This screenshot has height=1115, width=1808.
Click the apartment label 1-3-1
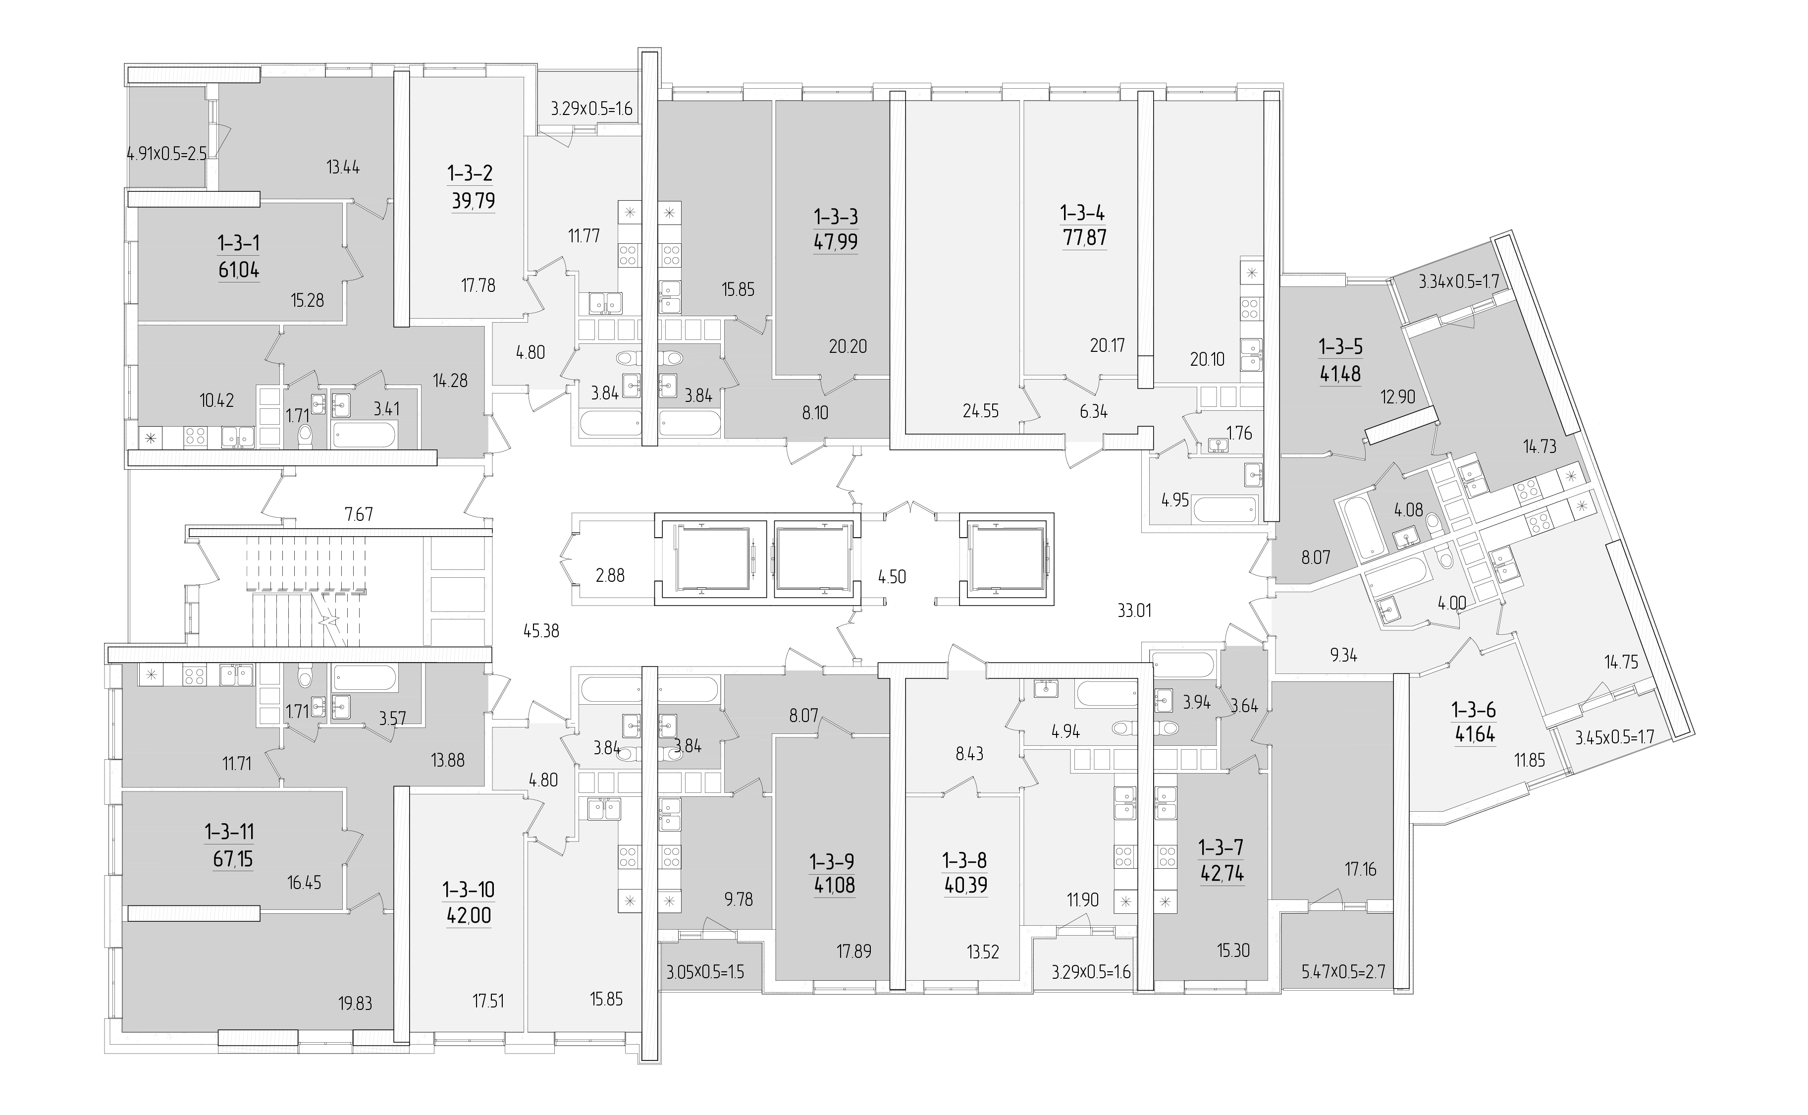[238, 243]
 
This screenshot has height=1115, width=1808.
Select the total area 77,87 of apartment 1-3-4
[1084, 238]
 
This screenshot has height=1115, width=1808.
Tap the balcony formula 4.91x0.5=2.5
[166, 155]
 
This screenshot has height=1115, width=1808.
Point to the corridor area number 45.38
[541, 631]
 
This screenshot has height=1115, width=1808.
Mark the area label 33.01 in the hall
[1134, 611]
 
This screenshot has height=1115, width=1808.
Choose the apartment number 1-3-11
[229, 832]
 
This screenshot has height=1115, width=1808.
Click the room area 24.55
[980, 411]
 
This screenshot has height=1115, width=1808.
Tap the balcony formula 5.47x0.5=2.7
[1344, 972]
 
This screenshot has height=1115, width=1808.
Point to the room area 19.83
[355, 1003]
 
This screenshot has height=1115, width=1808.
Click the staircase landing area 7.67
[359, 514]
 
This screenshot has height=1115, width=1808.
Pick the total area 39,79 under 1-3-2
[473, 201]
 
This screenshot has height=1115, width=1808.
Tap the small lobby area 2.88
[610, 575]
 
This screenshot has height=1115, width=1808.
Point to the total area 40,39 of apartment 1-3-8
[965, 885]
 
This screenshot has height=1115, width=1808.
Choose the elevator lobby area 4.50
[892, 577]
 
